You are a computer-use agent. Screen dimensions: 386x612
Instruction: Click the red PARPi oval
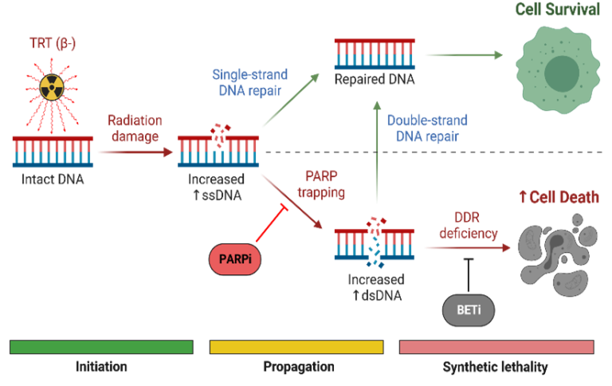pos(234,260)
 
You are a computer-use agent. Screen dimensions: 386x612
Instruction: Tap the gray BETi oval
pos(468,309)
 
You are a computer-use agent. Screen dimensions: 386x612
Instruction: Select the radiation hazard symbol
pos(51,88)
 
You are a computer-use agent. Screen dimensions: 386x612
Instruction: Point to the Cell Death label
pos(559,198)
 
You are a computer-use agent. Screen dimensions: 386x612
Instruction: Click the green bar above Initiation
pos(101,347)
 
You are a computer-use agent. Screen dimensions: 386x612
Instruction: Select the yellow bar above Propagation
pos(296,347)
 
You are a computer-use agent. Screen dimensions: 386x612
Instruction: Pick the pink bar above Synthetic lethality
pos(496,347)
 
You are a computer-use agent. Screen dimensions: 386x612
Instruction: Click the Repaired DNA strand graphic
pos(375,54)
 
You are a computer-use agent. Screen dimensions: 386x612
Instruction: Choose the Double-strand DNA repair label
pos(427,128)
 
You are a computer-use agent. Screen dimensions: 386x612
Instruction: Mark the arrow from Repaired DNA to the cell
pos(465,55)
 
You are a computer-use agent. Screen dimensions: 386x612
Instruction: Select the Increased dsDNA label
pos(375,287)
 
